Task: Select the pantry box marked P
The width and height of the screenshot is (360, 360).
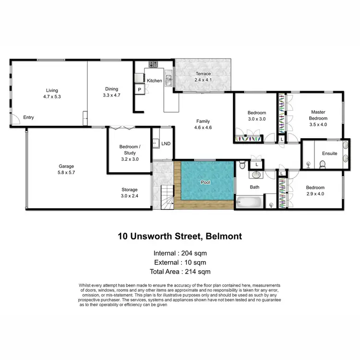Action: [140, 90]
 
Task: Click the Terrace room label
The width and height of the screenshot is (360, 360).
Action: [203, 73]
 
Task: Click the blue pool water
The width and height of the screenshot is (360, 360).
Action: [207, 181]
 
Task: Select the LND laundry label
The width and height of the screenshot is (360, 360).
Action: [166, 143]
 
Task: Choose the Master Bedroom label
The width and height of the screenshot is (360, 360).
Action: [318, 115]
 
